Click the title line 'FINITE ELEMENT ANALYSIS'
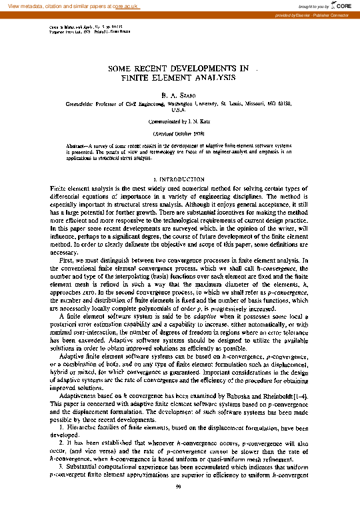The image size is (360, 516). coord(179,78)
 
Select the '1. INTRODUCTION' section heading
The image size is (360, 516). coord(179,180)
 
